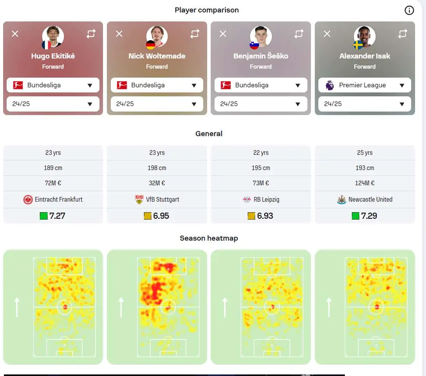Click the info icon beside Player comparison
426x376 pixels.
pos(409,10)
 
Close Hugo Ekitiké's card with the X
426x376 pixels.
pos(15,34)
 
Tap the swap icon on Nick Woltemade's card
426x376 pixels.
pos(195,34)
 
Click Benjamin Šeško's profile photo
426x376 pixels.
pos(261,36)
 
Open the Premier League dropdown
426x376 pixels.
pos(365,85)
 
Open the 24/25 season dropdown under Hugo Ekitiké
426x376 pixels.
pos(53,104)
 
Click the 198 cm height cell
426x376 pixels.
pos(157,168)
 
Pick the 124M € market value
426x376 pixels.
pos(365,183)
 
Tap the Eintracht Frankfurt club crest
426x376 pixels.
pos(28,200)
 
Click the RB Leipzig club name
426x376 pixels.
pos(266,199)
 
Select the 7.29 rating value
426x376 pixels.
pos(369,216)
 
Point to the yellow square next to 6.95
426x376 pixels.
pos(147,216)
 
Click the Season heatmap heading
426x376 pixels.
pos(209,238)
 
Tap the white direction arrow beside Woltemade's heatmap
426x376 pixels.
pos(121,307)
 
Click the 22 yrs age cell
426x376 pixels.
pos(261,153)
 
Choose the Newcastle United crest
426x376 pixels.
pos(341,200)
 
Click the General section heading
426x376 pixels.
pos(209,134)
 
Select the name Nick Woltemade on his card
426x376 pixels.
pos(157,56)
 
